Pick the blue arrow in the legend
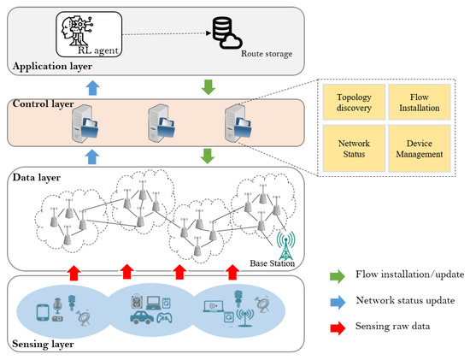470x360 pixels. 336,302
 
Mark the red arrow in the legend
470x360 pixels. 336,327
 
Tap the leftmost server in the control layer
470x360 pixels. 82,127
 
